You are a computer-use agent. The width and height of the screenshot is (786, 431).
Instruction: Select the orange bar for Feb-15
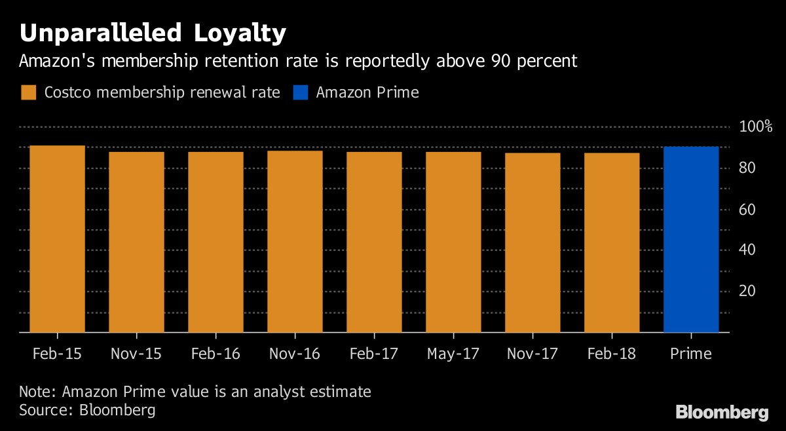tap(58, 239)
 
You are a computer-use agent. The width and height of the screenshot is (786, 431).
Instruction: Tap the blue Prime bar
tap(691, 240)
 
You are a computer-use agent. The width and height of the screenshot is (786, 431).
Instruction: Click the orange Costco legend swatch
tap(28, 92)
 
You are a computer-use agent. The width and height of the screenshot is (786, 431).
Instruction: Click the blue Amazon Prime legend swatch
tap(300, 92)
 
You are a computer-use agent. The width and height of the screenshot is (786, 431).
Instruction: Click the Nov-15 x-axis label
tap(136, 354)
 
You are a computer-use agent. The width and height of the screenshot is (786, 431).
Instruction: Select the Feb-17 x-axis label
tap(374, 354)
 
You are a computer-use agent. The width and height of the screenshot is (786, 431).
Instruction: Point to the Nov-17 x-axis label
tap(532, 354)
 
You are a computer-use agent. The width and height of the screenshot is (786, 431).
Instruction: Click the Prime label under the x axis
tap(690, 354)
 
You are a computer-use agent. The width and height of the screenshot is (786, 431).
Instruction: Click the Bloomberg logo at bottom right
tap(722, 412)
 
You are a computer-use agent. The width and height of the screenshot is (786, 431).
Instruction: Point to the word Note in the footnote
tap(37, 392)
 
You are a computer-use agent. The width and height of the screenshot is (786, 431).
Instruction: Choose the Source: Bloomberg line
tap(87, 411)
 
